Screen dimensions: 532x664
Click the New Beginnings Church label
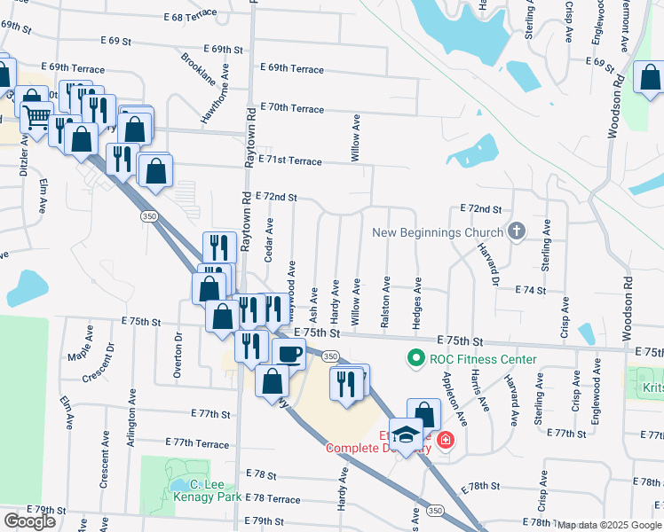click(x=438, y=233)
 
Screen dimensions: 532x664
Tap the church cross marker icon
click(x=518, y=232)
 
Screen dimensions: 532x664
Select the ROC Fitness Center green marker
click(x=414, y=359)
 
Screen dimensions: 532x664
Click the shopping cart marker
click(x=36, y=115)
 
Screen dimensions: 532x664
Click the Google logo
click(x=29, y=521)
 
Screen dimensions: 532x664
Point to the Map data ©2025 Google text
click(x=610, y=525)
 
